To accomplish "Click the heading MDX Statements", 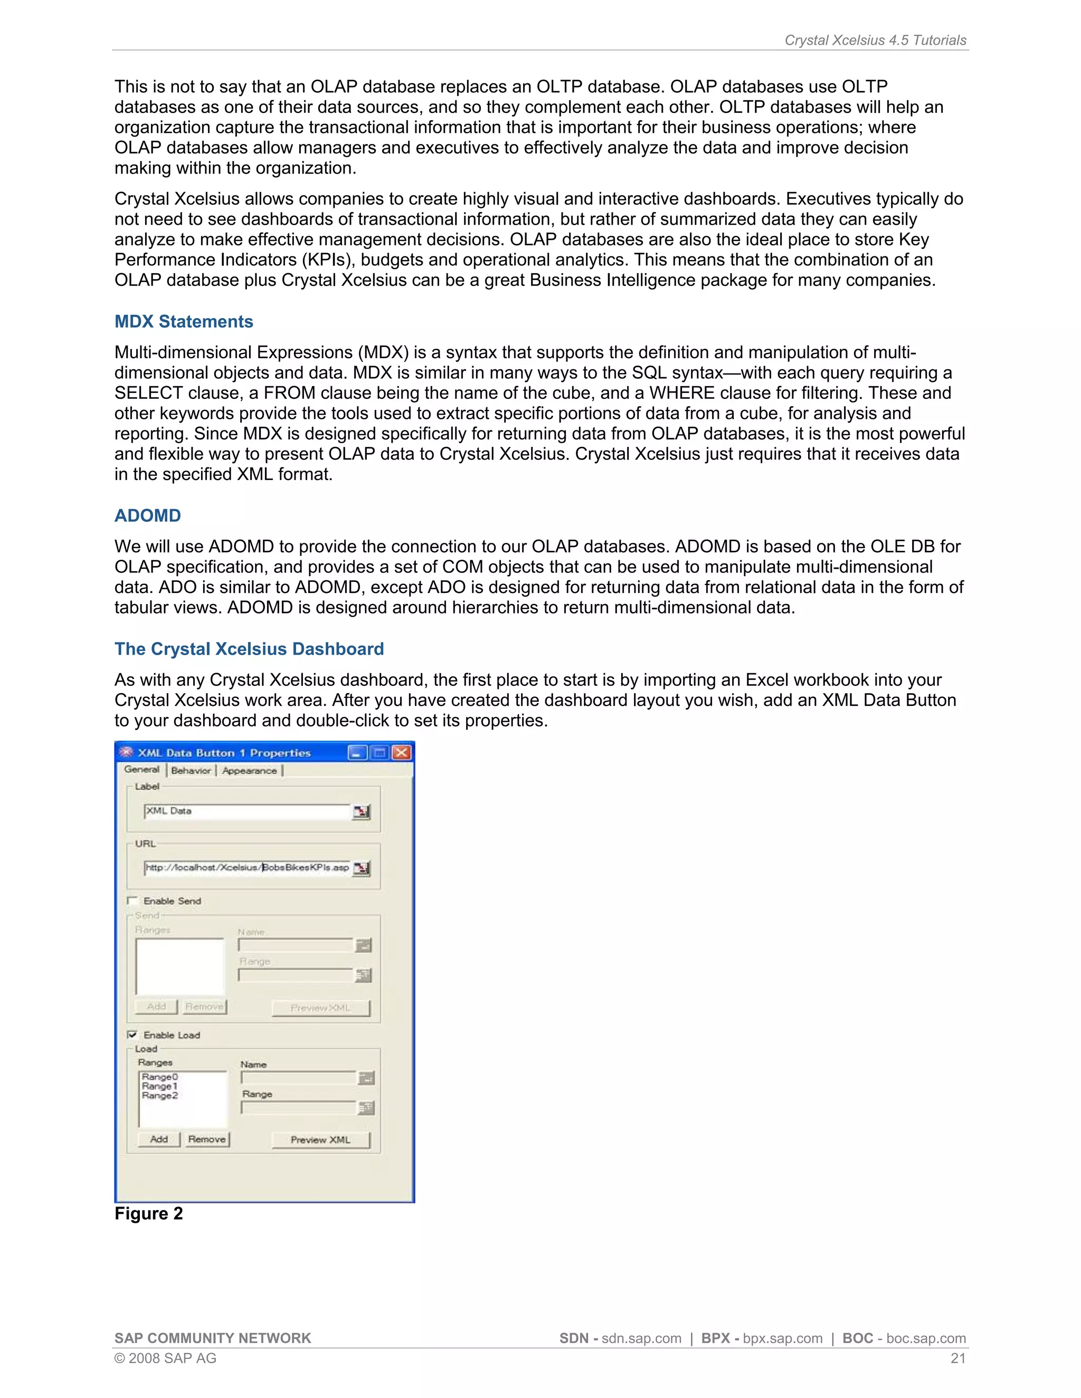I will pyautogui.click(x=184, y=321).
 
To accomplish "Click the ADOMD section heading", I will pyautogui.click(x=147, y=515).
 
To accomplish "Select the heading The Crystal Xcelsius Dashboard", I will pyautogui.click(x=249, y=648).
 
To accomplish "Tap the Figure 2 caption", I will pyautogui.click(x=148, y=1214).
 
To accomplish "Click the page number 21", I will pyautogui.click(x=957, y=1358).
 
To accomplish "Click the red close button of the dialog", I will pyautogui.click(x=402, y=752).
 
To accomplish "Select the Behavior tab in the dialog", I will pyautogui.click(x=191, y=771).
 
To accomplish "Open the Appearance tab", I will pyautogui.click(x=250, y=771).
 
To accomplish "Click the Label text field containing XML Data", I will pyautogui.click(x=246, y=811).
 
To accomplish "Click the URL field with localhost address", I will pyautogui.click(x=246, y=868).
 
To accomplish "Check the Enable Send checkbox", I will pyautogui.click(x=132, y=901).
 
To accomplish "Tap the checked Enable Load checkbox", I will pyautogui.click(x=132, y=1035).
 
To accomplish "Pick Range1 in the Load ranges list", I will pyautogui.click(x=160, y=1086).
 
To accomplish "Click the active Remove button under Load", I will pyautogui.click(x=207, y=1140).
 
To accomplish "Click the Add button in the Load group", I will pyautogui.click(x=159, y=1140).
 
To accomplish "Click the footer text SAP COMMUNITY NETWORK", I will pyautogui.click(x=213, y=1338).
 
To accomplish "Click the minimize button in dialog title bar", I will pyautogui.click(x=357, y=752).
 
